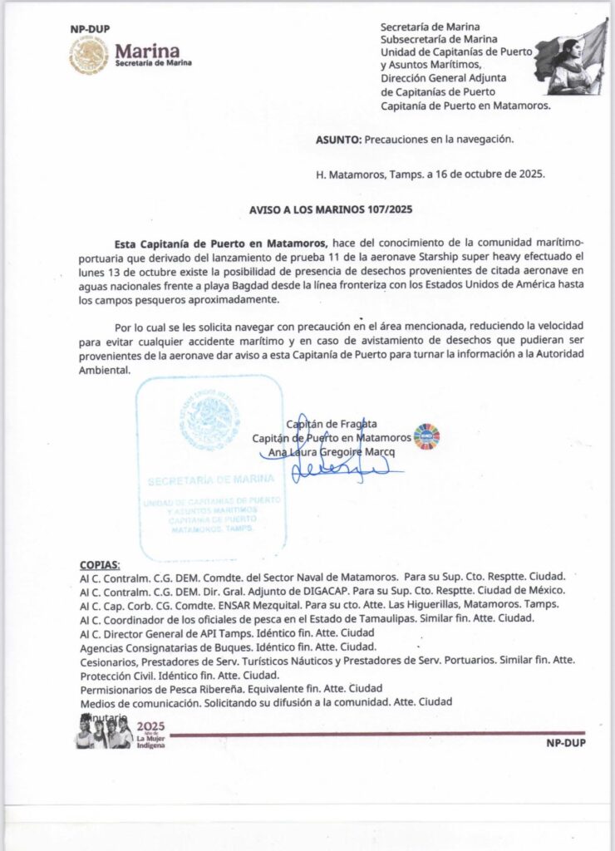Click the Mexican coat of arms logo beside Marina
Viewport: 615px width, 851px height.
(x=89, y=56)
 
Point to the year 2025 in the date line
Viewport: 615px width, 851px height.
(x=529, y=175)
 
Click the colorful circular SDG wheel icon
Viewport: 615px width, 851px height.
(x=426, y=436)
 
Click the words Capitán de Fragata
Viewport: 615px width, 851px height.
(x=332, y=423)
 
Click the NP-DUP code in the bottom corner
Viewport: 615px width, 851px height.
(x=565, y=743)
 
